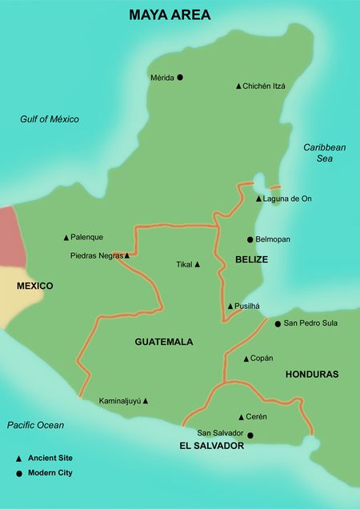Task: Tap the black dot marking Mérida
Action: click(x=180, y=78)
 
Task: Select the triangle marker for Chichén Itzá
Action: click(x=238, y=86)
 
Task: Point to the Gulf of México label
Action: click(x=50, y=119)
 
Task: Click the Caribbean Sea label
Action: click(x=324, y=153)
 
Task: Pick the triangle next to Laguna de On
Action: click(x=258, y=198)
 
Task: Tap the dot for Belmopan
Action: click(x=250, y=239)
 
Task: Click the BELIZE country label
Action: click(x=251, y=260)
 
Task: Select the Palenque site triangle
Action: click(x=66, y=238)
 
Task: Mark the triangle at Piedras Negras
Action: click(x=126, y=256)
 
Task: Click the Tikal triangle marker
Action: click(x=197, y=264)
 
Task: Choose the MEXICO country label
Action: click(x=34, y=286)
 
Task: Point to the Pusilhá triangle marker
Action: click(x=230, y=306)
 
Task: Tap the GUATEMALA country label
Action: click(x=164, y=342)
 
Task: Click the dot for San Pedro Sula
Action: click(x=278, y=324)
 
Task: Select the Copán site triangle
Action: click(x=246, y=359)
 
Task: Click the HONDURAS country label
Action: click(x=311, y=374)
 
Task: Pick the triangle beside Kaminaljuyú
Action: click(x=145, y=401)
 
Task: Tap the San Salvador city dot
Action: click(x=250, y=435)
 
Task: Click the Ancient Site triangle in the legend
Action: click(x=19, y=459)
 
